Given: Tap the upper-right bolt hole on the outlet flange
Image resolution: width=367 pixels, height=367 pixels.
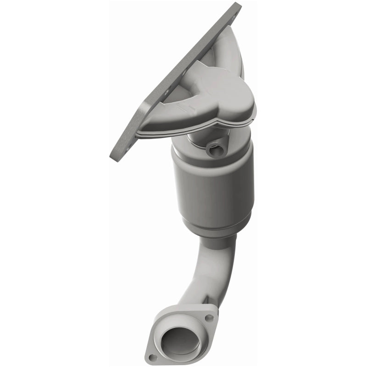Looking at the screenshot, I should click(209, 317).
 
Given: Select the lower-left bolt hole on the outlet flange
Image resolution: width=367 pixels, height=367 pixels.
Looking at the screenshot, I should click(153, 356).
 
